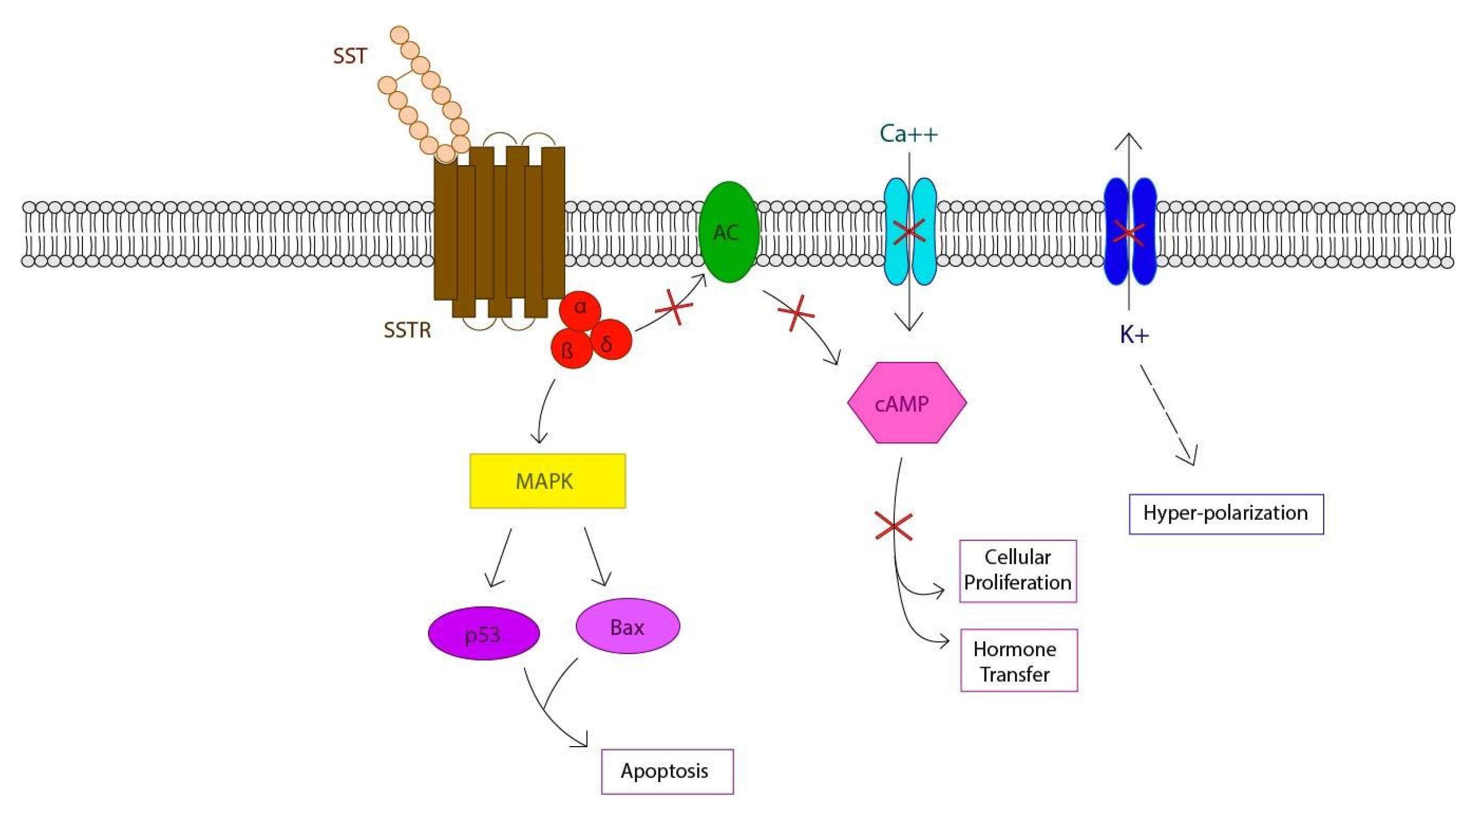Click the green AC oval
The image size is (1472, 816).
729,231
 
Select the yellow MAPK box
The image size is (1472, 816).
547,481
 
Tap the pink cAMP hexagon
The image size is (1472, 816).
906,403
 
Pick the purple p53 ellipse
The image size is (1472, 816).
483,633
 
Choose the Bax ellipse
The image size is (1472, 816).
628,626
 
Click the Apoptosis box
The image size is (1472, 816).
667,771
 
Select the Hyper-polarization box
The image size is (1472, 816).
1226,513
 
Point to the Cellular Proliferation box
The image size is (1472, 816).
1018,570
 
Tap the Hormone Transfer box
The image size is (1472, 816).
1018,661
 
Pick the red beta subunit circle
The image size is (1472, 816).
570,348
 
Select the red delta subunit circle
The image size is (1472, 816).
610,341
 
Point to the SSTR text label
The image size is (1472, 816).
407,330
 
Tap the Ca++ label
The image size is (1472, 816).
909,134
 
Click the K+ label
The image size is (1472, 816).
1134,335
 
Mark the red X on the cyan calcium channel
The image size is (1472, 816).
909,231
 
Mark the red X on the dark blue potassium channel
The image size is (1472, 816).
1129,233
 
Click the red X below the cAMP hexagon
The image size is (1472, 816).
894,526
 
